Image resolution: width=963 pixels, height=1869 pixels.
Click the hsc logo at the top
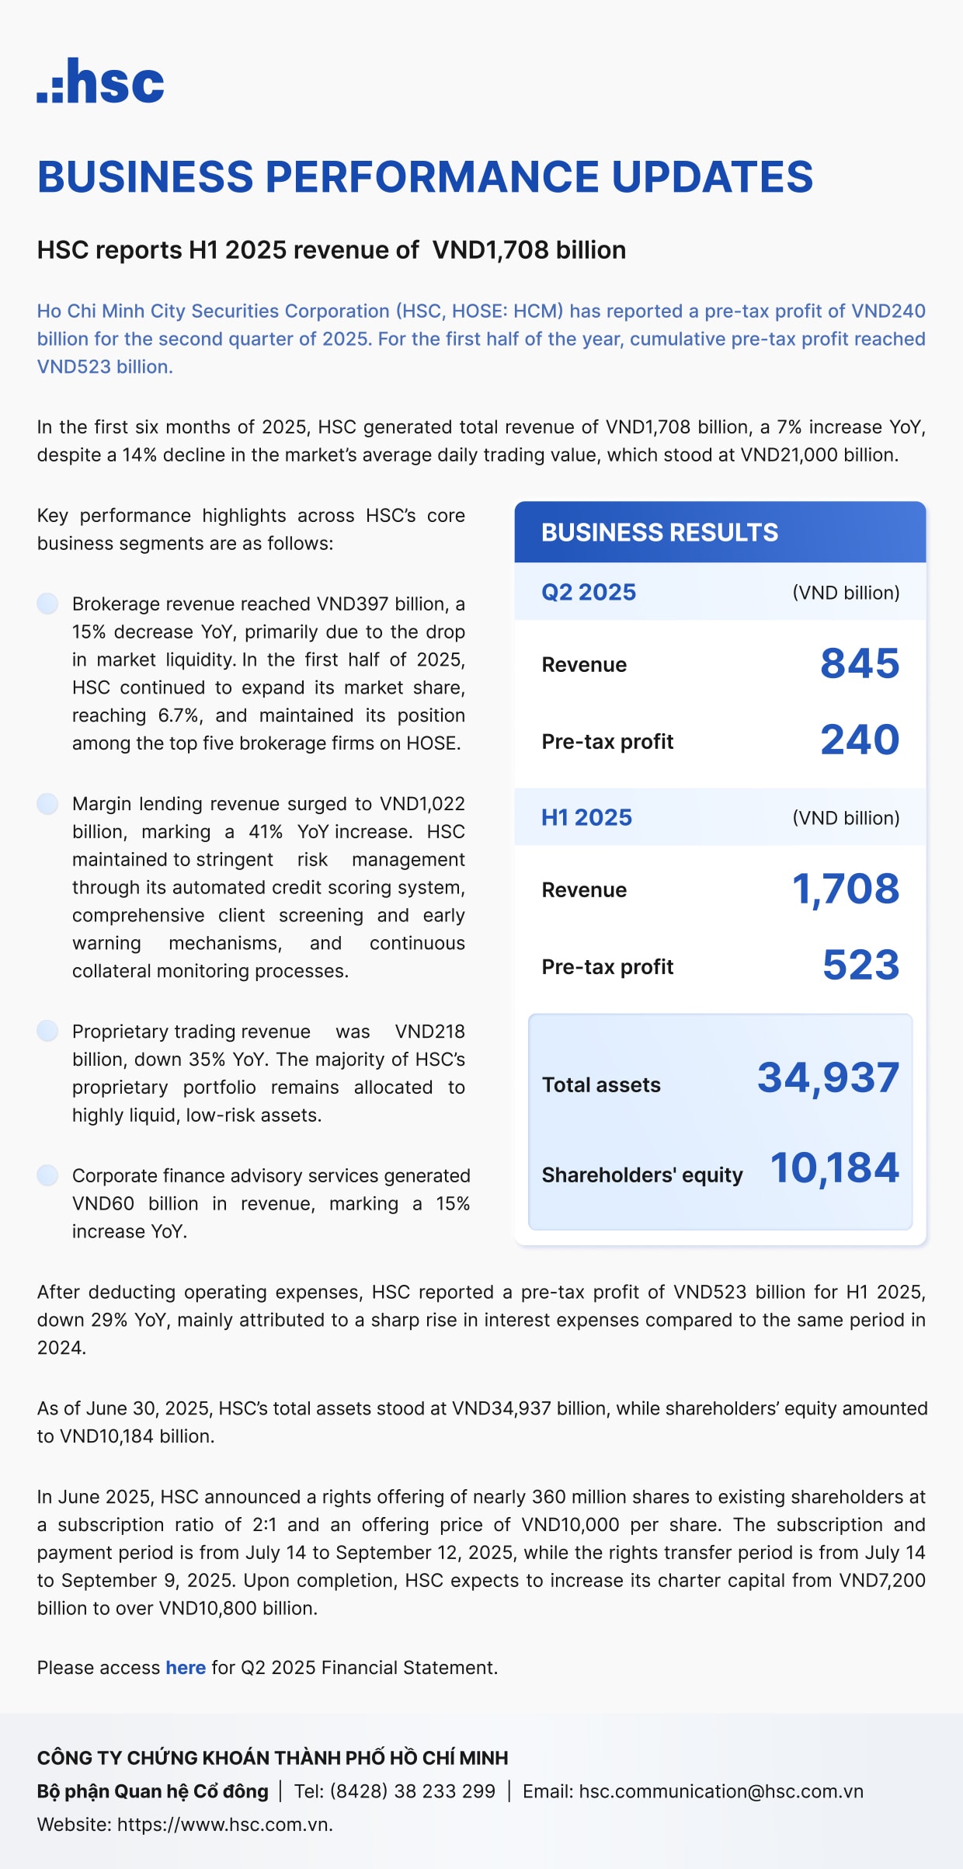click(101, 81)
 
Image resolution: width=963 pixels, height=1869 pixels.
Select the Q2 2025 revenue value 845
click(860, 663)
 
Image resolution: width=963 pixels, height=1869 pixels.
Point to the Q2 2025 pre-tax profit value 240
click(860, 740)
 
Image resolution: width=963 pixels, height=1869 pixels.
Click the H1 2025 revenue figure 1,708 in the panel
click(846, 889)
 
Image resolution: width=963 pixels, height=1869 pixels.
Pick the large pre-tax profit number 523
click(860, 965)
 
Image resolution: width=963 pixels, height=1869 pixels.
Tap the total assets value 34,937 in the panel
click(828, 1077)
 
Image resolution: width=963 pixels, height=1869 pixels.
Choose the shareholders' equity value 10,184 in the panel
click(834, 1168)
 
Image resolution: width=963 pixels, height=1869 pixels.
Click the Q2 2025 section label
click(589, 592)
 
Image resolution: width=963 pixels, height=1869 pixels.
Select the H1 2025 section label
click(586, 817)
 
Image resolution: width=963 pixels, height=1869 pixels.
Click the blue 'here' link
click(186, 1668)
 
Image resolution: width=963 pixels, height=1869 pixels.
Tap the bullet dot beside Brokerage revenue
click(48, 604)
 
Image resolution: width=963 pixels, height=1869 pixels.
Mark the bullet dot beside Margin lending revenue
click(48, 803)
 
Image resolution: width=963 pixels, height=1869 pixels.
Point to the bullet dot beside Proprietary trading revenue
click(48, 1031)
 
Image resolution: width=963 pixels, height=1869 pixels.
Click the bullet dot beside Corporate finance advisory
click(48, 1175)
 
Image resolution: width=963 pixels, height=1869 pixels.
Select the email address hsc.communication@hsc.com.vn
click(721, 1791)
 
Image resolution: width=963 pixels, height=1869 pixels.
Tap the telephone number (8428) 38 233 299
click(412, 1791)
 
